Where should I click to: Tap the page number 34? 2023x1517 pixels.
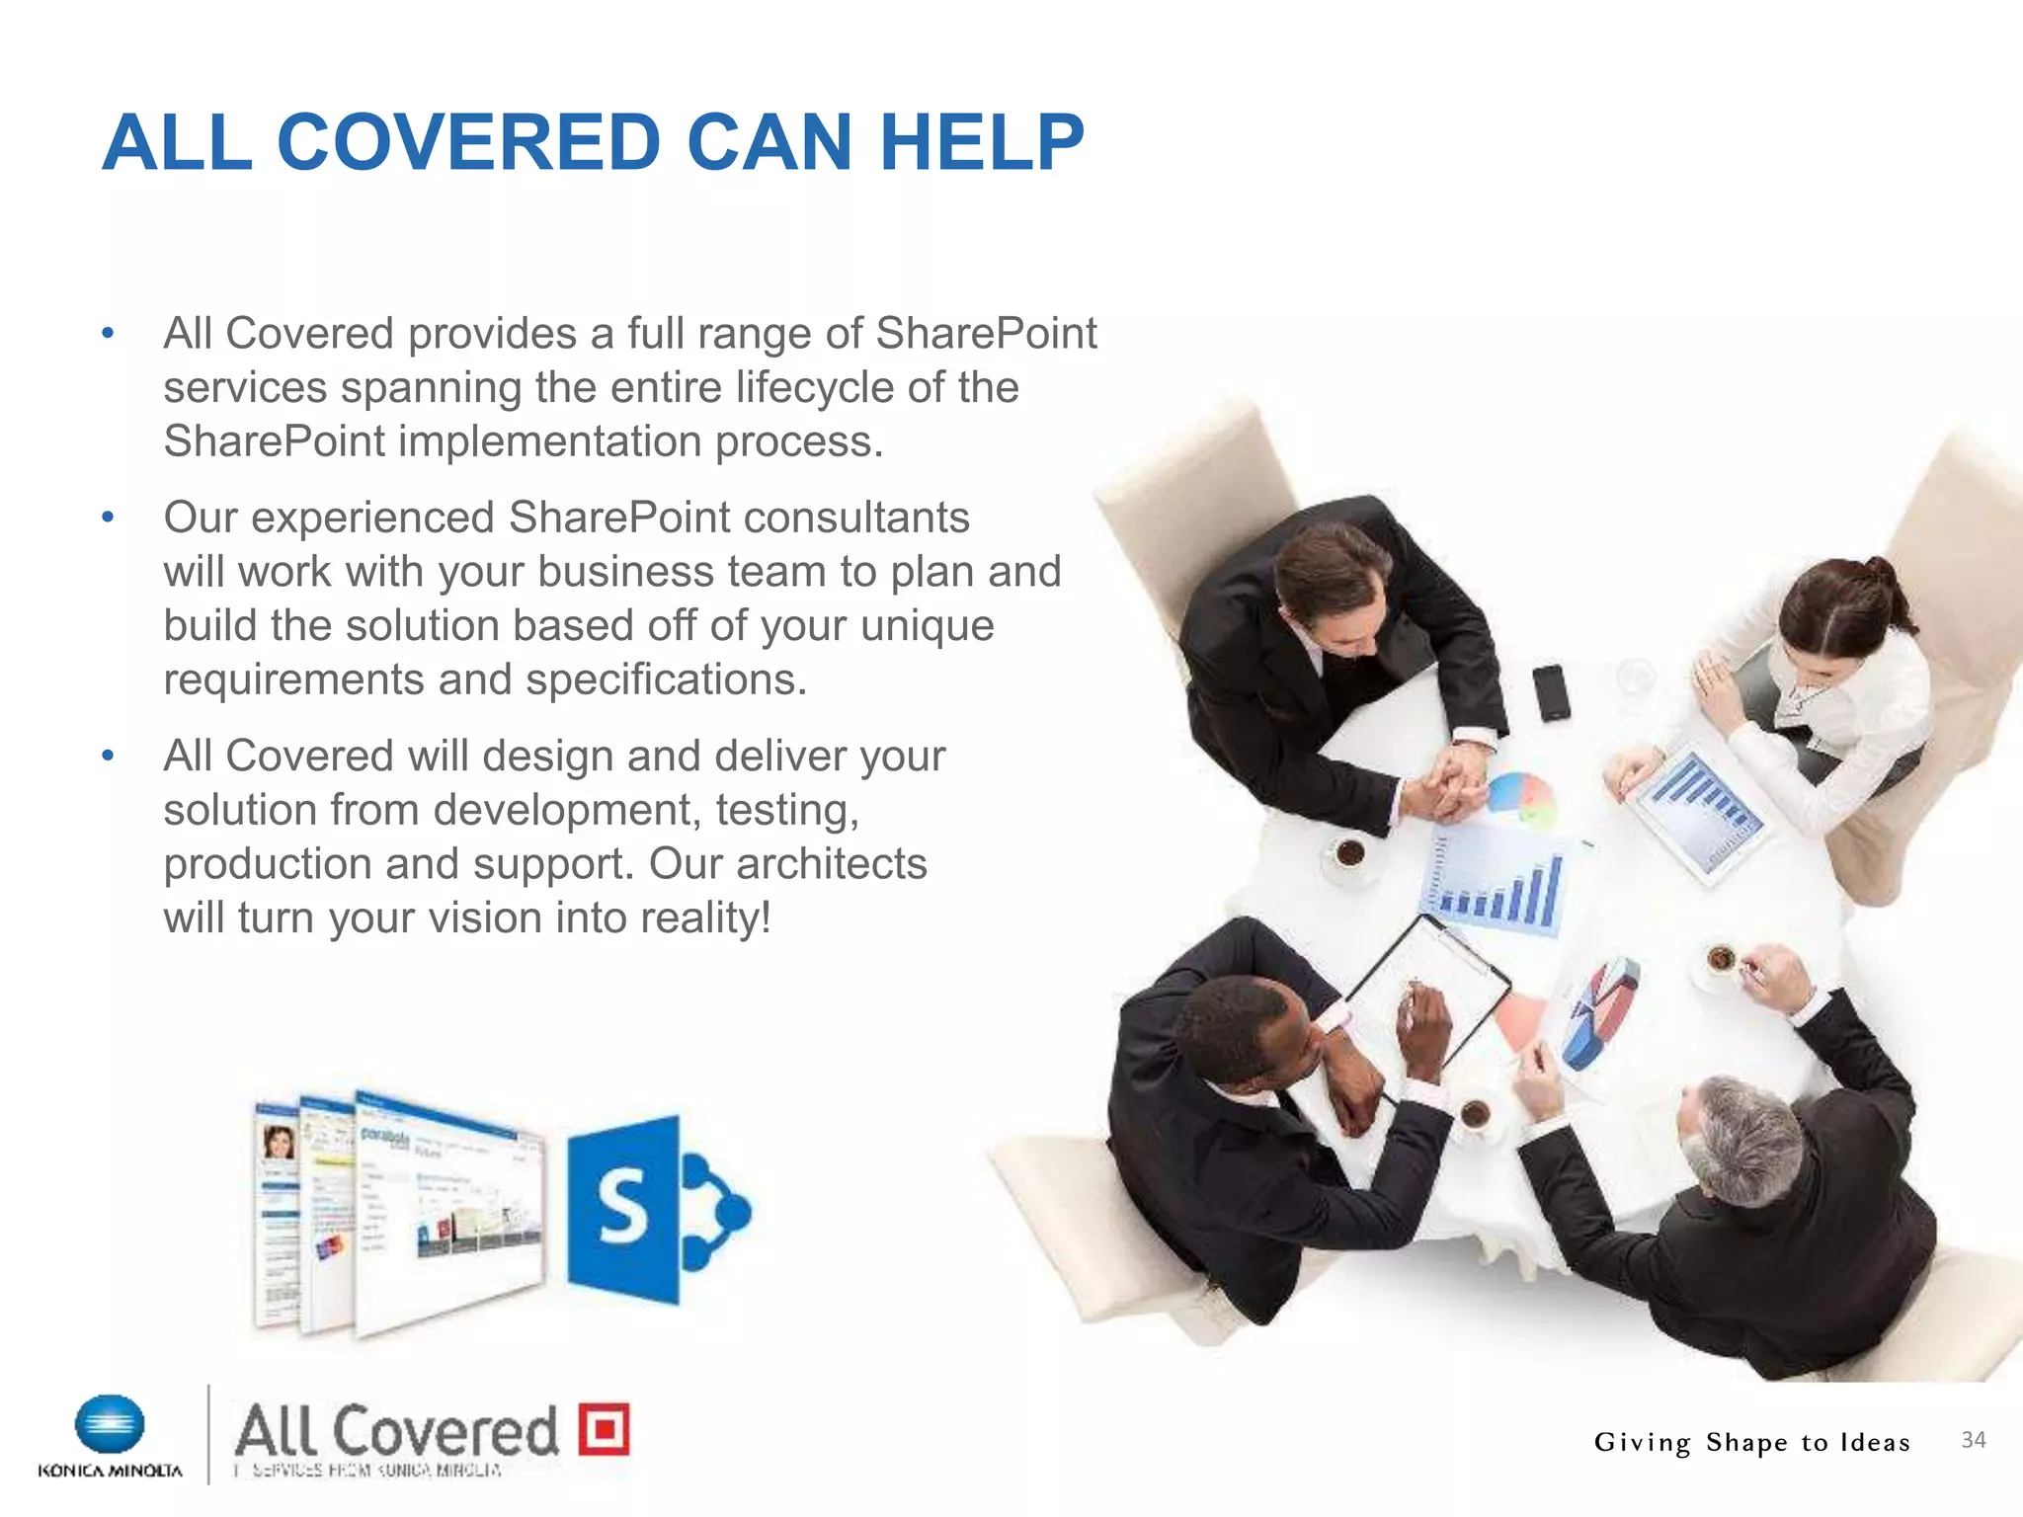point(1973,1440)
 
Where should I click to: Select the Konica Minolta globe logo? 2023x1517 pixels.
point(110,1424)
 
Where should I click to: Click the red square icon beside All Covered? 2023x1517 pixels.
point(604,1428)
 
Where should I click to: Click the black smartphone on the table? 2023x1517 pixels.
point(1551,691)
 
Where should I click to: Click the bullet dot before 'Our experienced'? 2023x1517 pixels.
point(109,517)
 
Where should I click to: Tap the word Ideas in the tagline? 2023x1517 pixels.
point(1874,1443)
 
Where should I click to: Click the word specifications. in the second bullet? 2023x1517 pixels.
point(666,679)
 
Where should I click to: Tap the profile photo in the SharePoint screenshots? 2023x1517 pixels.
point(278,1143)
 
